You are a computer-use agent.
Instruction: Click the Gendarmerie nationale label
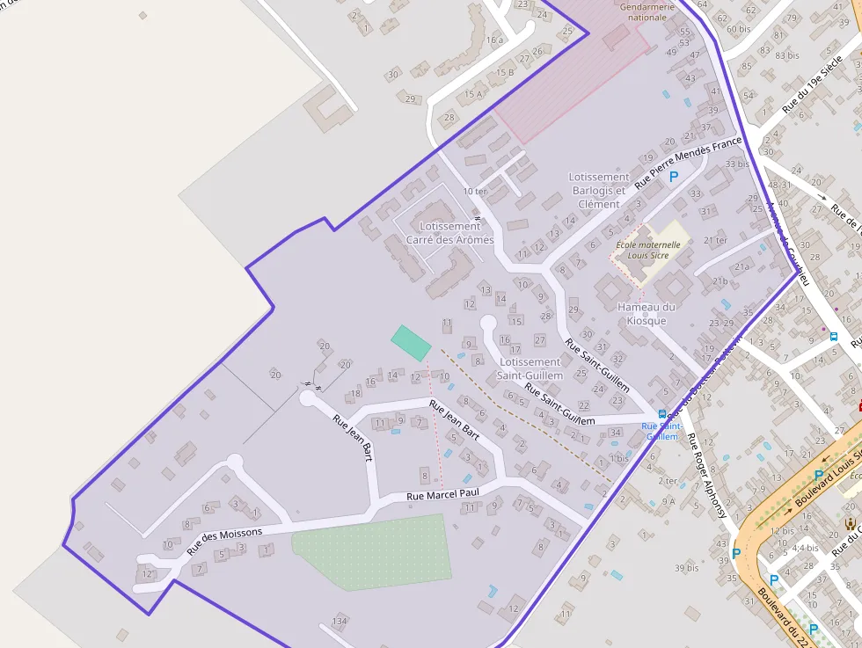tap(647, 11)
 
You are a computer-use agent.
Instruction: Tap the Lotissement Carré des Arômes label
tap(449, 233)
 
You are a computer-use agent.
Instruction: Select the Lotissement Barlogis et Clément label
tap(599, 191)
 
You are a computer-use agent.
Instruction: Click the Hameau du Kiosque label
tap(646, 314)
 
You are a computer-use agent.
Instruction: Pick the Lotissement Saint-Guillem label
tap(530, 368)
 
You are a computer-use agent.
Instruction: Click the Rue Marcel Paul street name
tap(442, 495)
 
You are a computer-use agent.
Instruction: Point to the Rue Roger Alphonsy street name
tap(708, 475)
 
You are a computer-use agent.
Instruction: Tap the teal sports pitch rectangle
tap(411, 342)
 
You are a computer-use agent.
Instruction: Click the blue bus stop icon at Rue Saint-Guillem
tap(661, 415)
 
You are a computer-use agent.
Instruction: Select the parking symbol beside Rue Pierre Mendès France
tap(675, 177)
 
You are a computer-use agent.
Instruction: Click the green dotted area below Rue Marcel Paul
tap(373, 550)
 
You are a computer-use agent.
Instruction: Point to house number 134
tap(340, 622)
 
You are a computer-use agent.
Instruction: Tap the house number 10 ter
tap(474, 191)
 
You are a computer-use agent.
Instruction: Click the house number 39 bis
tap(686, 568)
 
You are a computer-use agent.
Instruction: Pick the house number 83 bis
tap(786, 55)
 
